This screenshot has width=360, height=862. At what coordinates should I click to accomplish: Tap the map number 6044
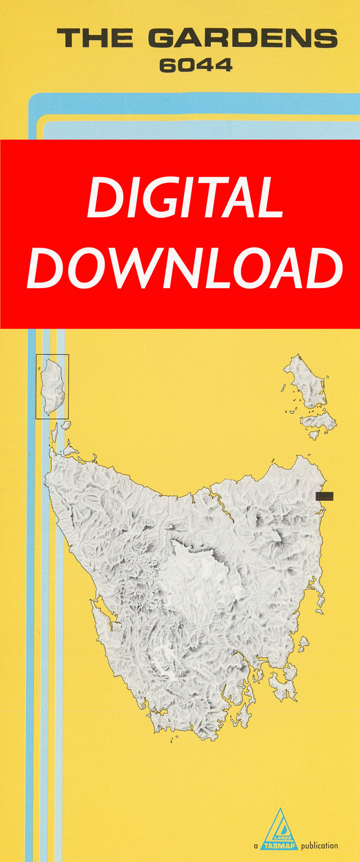[195, 66]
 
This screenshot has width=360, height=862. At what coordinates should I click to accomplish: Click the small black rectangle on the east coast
[324, 496]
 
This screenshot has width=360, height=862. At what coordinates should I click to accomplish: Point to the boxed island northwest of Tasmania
[52, 387]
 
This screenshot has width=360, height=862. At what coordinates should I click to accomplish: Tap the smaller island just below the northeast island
[318, 420]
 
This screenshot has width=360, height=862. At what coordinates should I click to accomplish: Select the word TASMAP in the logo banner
[279, 845]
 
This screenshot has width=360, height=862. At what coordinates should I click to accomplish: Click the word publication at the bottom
[319, 846]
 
